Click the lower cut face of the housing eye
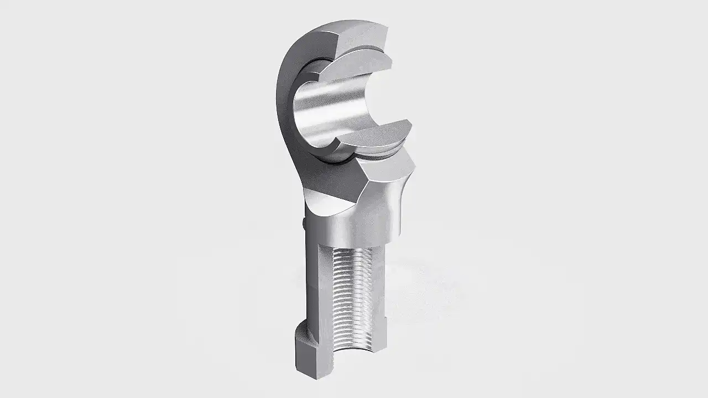(387, 169)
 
